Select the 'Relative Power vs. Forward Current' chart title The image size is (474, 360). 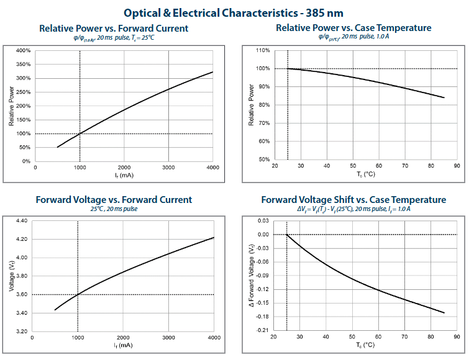pyautogui.click(x=114, y=29)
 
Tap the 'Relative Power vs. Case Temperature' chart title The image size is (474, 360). pyautogui.click(x=353, y=28)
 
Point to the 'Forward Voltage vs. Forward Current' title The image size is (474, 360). pyautogui.click(x=114, y=200)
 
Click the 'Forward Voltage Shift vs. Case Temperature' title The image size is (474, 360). pyautogui.click(x=353, y=200)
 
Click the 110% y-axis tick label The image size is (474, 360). pyautogui.click(x=262, y=50)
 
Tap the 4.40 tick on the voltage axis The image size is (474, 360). pyautogui.click(x=22, y=221)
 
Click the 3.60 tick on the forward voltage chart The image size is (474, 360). pyautogui.click(x=22, y=294)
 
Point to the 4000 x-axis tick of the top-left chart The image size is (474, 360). pyautogui.click(x=212, y=168)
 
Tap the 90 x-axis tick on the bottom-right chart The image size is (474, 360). pyautogui.click(x=457, y=338)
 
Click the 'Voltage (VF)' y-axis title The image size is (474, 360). pyautogui.click(x=11, y=276)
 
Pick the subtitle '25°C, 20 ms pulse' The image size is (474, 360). pyautogui.click(x=114, y=209)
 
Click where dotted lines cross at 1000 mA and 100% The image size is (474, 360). pyautogui.click(x=80, y=133)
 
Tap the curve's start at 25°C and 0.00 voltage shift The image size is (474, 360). pyautogui.click(x=286, y=235)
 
